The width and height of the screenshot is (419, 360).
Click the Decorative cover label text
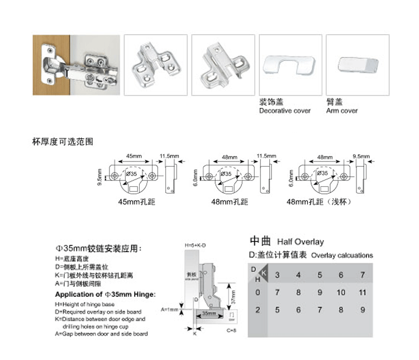coord(285,111)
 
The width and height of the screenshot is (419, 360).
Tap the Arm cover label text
coord(342,111)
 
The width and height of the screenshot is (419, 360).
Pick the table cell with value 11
coord(362,292)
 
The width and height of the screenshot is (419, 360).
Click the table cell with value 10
coord(341,292)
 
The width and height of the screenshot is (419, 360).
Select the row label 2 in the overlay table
coord(258,310)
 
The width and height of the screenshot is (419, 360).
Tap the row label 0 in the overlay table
coord(258,292)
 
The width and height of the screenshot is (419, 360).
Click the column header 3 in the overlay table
coord(278,275)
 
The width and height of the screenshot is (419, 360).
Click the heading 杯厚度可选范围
coord(63,142)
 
